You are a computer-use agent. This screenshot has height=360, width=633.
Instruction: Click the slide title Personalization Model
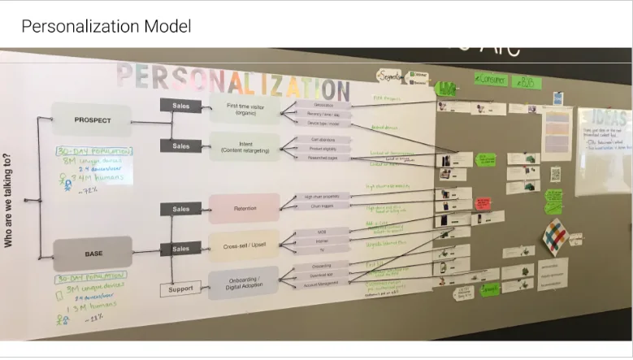106,26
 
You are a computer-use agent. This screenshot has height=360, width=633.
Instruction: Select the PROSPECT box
92,120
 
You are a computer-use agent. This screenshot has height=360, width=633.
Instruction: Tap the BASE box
93,254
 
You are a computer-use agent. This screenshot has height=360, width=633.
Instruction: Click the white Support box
180,288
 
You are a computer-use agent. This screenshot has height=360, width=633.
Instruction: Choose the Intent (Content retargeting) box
244,146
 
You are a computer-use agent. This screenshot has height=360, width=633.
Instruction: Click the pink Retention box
244,209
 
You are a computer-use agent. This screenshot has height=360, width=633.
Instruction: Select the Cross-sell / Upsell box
244,245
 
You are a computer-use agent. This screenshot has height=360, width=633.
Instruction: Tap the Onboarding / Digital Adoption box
244,281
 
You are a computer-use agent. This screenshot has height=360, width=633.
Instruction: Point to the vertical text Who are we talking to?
9,200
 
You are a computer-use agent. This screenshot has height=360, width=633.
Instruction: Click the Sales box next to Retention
180,209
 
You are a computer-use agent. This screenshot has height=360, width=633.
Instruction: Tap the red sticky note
483,203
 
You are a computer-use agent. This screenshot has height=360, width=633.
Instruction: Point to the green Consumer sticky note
491,80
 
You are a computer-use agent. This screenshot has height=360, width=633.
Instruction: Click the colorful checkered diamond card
555,236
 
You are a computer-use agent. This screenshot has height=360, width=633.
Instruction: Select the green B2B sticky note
527,81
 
